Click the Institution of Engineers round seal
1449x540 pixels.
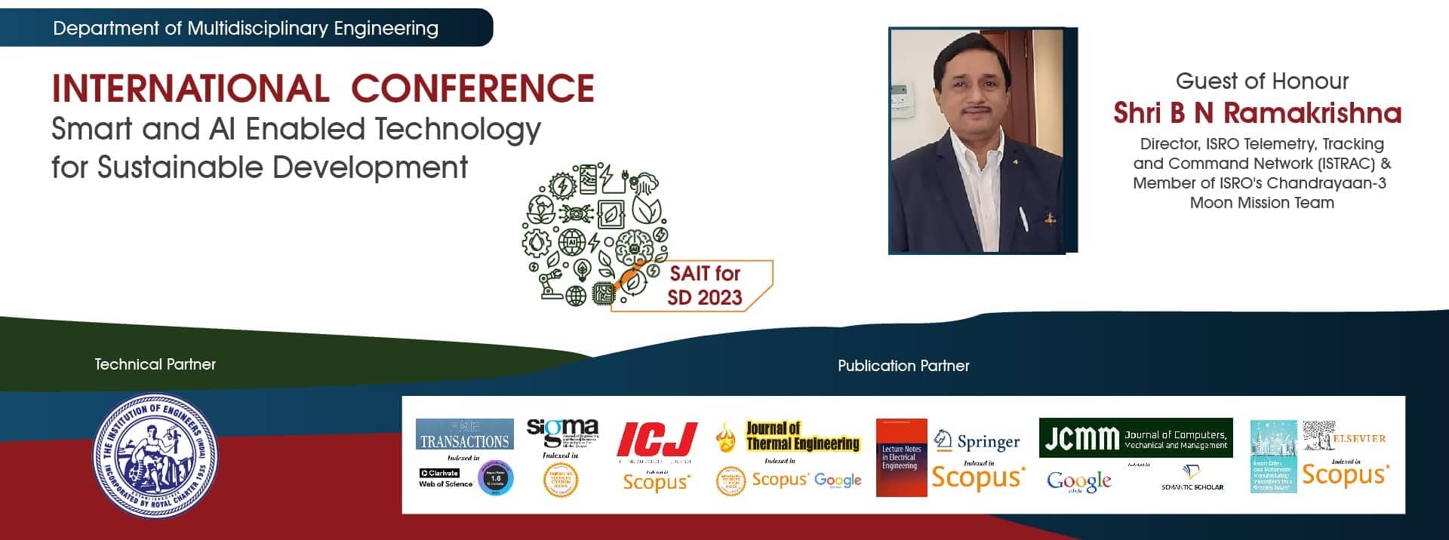(x=155, y=456)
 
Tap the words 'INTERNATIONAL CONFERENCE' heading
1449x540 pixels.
(x=323, y=88)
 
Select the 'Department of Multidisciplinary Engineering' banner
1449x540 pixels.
(x=245, y=29)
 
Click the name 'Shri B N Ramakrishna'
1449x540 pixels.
(x=1257, y=113)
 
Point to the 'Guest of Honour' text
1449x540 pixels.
(x=1262, y=81)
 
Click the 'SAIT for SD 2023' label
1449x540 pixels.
(x=704, y=285)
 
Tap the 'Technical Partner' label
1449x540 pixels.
(x=155, y=364)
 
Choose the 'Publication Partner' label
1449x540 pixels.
(x=903, y=366)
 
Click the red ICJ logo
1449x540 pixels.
(x=657, y=439)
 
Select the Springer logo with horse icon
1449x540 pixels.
(x=977, y=441)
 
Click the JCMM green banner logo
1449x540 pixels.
(x=1135, y=437)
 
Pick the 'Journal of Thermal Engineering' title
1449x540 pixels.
(x=802, y=436)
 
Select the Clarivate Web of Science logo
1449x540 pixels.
(x=445, y=478)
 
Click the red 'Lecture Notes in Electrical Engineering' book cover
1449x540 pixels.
(x=901, y=458)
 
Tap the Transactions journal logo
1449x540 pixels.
(x=464, y=434)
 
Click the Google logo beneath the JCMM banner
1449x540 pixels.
(x=1079, y=480)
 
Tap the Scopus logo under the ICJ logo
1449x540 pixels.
(x=656, y=481)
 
